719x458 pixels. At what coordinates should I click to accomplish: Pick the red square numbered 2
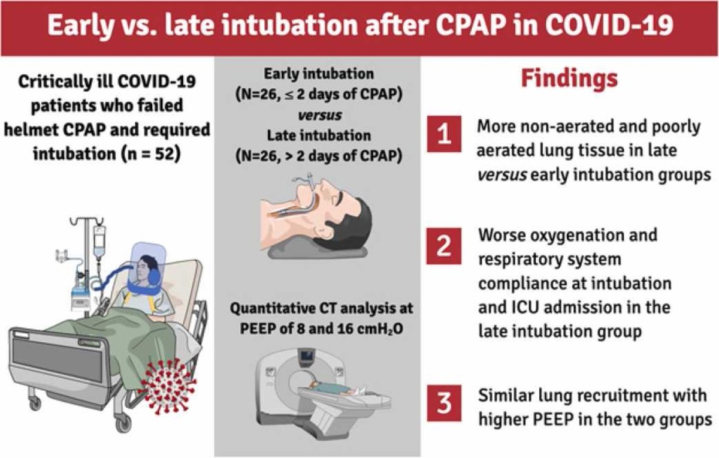(444, 246)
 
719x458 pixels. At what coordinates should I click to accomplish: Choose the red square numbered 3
(444, 403)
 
